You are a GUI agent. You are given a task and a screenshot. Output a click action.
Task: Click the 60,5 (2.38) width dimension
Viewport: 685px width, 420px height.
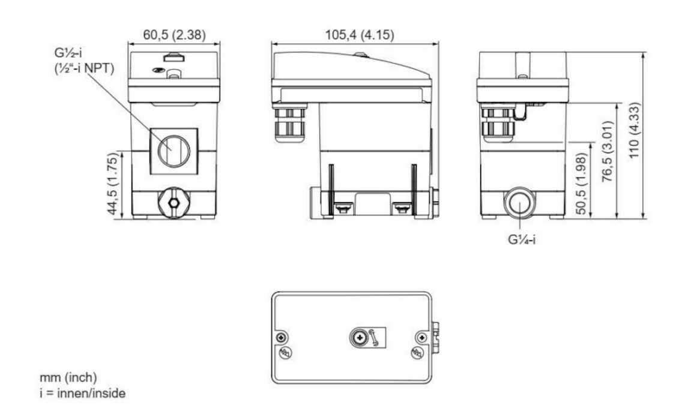click(174, 34)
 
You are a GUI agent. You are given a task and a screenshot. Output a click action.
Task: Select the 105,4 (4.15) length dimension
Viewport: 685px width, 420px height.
click(360, 34)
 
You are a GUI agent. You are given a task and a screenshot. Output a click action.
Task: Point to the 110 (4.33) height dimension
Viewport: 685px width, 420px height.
click(634, 130)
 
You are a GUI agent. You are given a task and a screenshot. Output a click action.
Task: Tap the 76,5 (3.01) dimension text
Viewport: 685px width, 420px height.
click(607, 151)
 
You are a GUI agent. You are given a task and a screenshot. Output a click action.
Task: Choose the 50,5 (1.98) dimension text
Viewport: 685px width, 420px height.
click(581, 184)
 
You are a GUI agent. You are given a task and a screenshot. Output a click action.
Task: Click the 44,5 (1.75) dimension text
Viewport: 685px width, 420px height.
click(113, 184)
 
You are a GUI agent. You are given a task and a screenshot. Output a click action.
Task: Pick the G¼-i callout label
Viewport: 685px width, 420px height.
click(522, 239)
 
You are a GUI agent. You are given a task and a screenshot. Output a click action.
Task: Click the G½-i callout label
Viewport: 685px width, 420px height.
click(68, 53)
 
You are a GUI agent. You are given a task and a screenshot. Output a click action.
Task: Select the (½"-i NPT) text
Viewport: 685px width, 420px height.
click(84, 68)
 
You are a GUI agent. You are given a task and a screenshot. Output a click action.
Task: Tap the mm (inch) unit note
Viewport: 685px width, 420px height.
click(68, 377)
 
